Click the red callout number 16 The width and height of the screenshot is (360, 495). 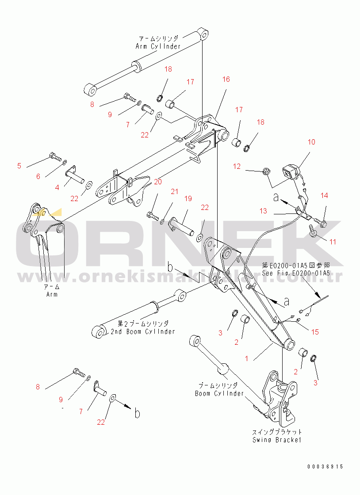point(226,79)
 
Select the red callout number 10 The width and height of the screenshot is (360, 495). point(311,142)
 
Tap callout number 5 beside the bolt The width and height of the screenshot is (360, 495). point(19,166)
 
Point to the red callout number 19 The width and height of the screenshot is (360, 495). point(188,199)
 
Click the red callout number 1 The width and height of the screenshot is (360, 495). point(247,359)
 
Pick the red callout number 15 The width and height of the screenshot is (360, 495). point(315,332)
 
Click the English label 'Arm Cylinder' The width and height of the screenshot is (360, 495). point(158,46)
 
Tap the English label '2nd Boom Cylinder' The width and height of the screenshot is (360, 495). point(143,331)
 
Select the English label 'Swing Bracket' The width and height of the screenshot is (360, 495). point(277,440)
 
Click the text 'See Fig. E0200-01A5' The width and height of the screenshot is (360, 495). point(296,273)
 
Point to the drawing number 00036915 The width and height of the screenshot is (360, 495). point(326,467)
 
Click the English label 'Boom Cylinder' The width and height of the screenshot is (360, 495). point(220,393)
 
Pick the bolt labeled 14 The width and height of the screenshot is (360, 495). point(322,220)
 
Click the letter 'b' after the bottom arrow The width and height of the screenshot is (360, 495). point(138,414)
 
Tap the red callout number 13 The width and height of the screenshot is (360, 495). point(264,211)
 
